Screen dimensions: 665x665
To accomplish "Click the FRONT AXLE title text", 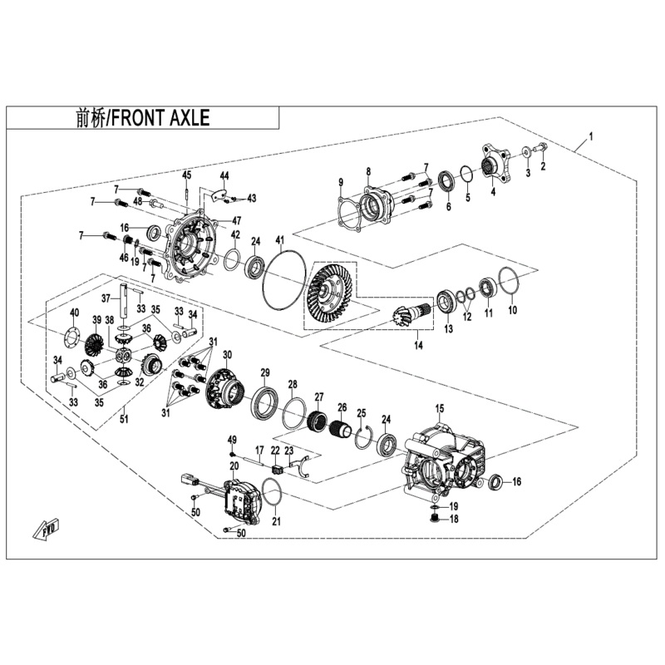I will tap(140, 118).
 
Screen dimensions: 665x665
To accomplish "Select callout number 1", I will tap(590, 135).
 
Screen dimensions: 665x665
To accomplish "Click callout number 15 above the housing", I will tap(441, 408).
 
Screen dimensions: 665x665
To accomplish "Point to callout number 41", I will tap(280, 239).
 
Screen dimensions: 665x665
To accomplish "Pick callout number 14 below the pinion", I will tap(416, 345).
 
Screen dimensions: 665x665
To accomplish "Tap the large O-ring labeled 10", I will tap(510, 283).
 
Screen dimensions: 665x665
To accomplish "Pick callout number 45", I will tap(188, 175).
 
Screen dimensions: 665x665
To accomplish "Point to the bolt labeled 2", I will tap(541, 149).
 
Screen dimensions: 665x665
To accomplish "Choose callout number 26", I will tap(341, 407).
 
